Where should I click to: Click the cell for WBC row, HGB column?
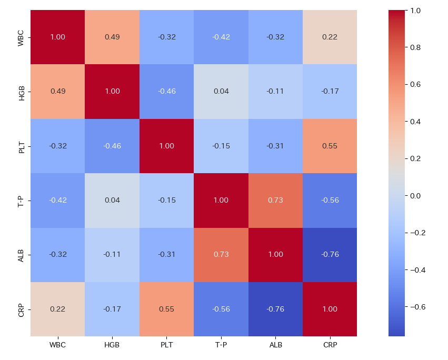click(x=112, y=37)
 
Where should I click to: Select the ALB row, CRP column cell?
click(x=330, y=255)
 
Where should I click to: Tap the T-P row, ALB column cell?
click(x=275, y=200)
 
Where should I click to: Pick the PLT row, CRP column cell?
click(x=330, y=146)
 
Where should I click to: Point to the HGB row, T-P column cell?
click(x=221, y=91)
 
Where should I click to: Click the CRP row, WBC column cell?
click(x=57, y=309)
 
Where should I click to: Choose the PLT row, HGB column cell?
click(x=112, y=146)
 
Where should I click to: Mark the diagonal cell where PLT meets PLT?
click(x=166, y=146)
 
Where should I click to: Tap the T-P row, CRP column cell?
click(x=330, y=200)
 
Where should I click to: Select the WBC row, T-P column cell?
click(x=221, y=37)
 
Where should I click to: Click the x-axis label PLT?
click(x=166, y=345)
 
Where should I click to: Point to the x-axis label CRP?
click(x=330, y=345)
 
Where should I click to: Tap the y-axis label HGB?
click(x=21, y=91)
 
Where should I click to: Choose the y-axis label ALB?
click(x=21, y=255)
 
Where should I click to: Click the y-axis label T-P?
click(x=21, y=200)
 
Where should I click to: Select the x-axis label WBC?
click(x=57, y=345)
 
